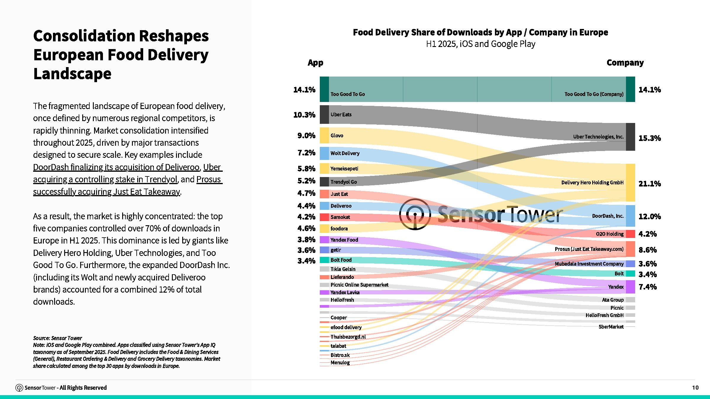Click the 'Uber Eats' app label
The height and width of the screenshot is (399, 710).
coord(341,115)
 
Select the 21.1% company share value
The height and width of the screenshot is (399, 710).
coord(650,184)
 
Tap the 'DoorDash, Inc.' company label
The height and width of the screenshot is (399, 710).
coord(608,216)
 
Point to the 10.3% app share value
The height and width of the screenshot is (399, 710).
coord(304,115)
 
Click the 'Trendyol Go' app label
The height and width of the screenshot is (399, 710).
coord(343,182)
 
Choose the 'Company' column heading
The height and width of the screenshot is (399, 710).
coord(625,63)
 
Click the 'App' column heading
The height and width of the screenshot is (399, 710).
coord(315,63)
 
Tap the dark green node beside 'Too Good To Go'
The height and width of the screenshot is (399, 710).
coord(324,89)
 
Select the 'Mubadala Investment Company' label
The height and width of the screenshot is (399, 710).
coord(589,264)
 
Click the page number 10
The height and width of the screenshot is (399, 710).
coord(695,387)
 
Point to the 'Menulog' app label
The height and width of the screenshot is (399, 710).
coord(340,363)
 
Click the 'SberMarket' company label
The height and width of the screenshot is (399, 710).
coord(611,327)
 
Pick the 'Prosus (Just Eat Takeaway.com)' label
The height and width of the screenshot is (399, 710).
coord(589,249)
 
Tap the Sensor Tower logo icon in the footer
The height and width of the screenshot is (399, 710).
coord(19,388)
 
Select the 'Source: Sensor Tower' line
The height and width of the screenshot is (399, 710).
coord(57,338)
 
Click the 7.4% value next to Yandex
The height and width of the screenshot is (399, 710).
coord(648,287)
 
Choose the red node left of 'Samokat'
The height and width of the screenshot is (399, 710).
coord(324,217)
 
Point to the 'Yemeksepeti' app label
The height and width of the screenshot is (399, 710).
coord(344,169)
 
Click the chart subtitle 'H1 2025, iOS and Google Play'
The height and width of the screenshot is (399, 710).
coord(480,44)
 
